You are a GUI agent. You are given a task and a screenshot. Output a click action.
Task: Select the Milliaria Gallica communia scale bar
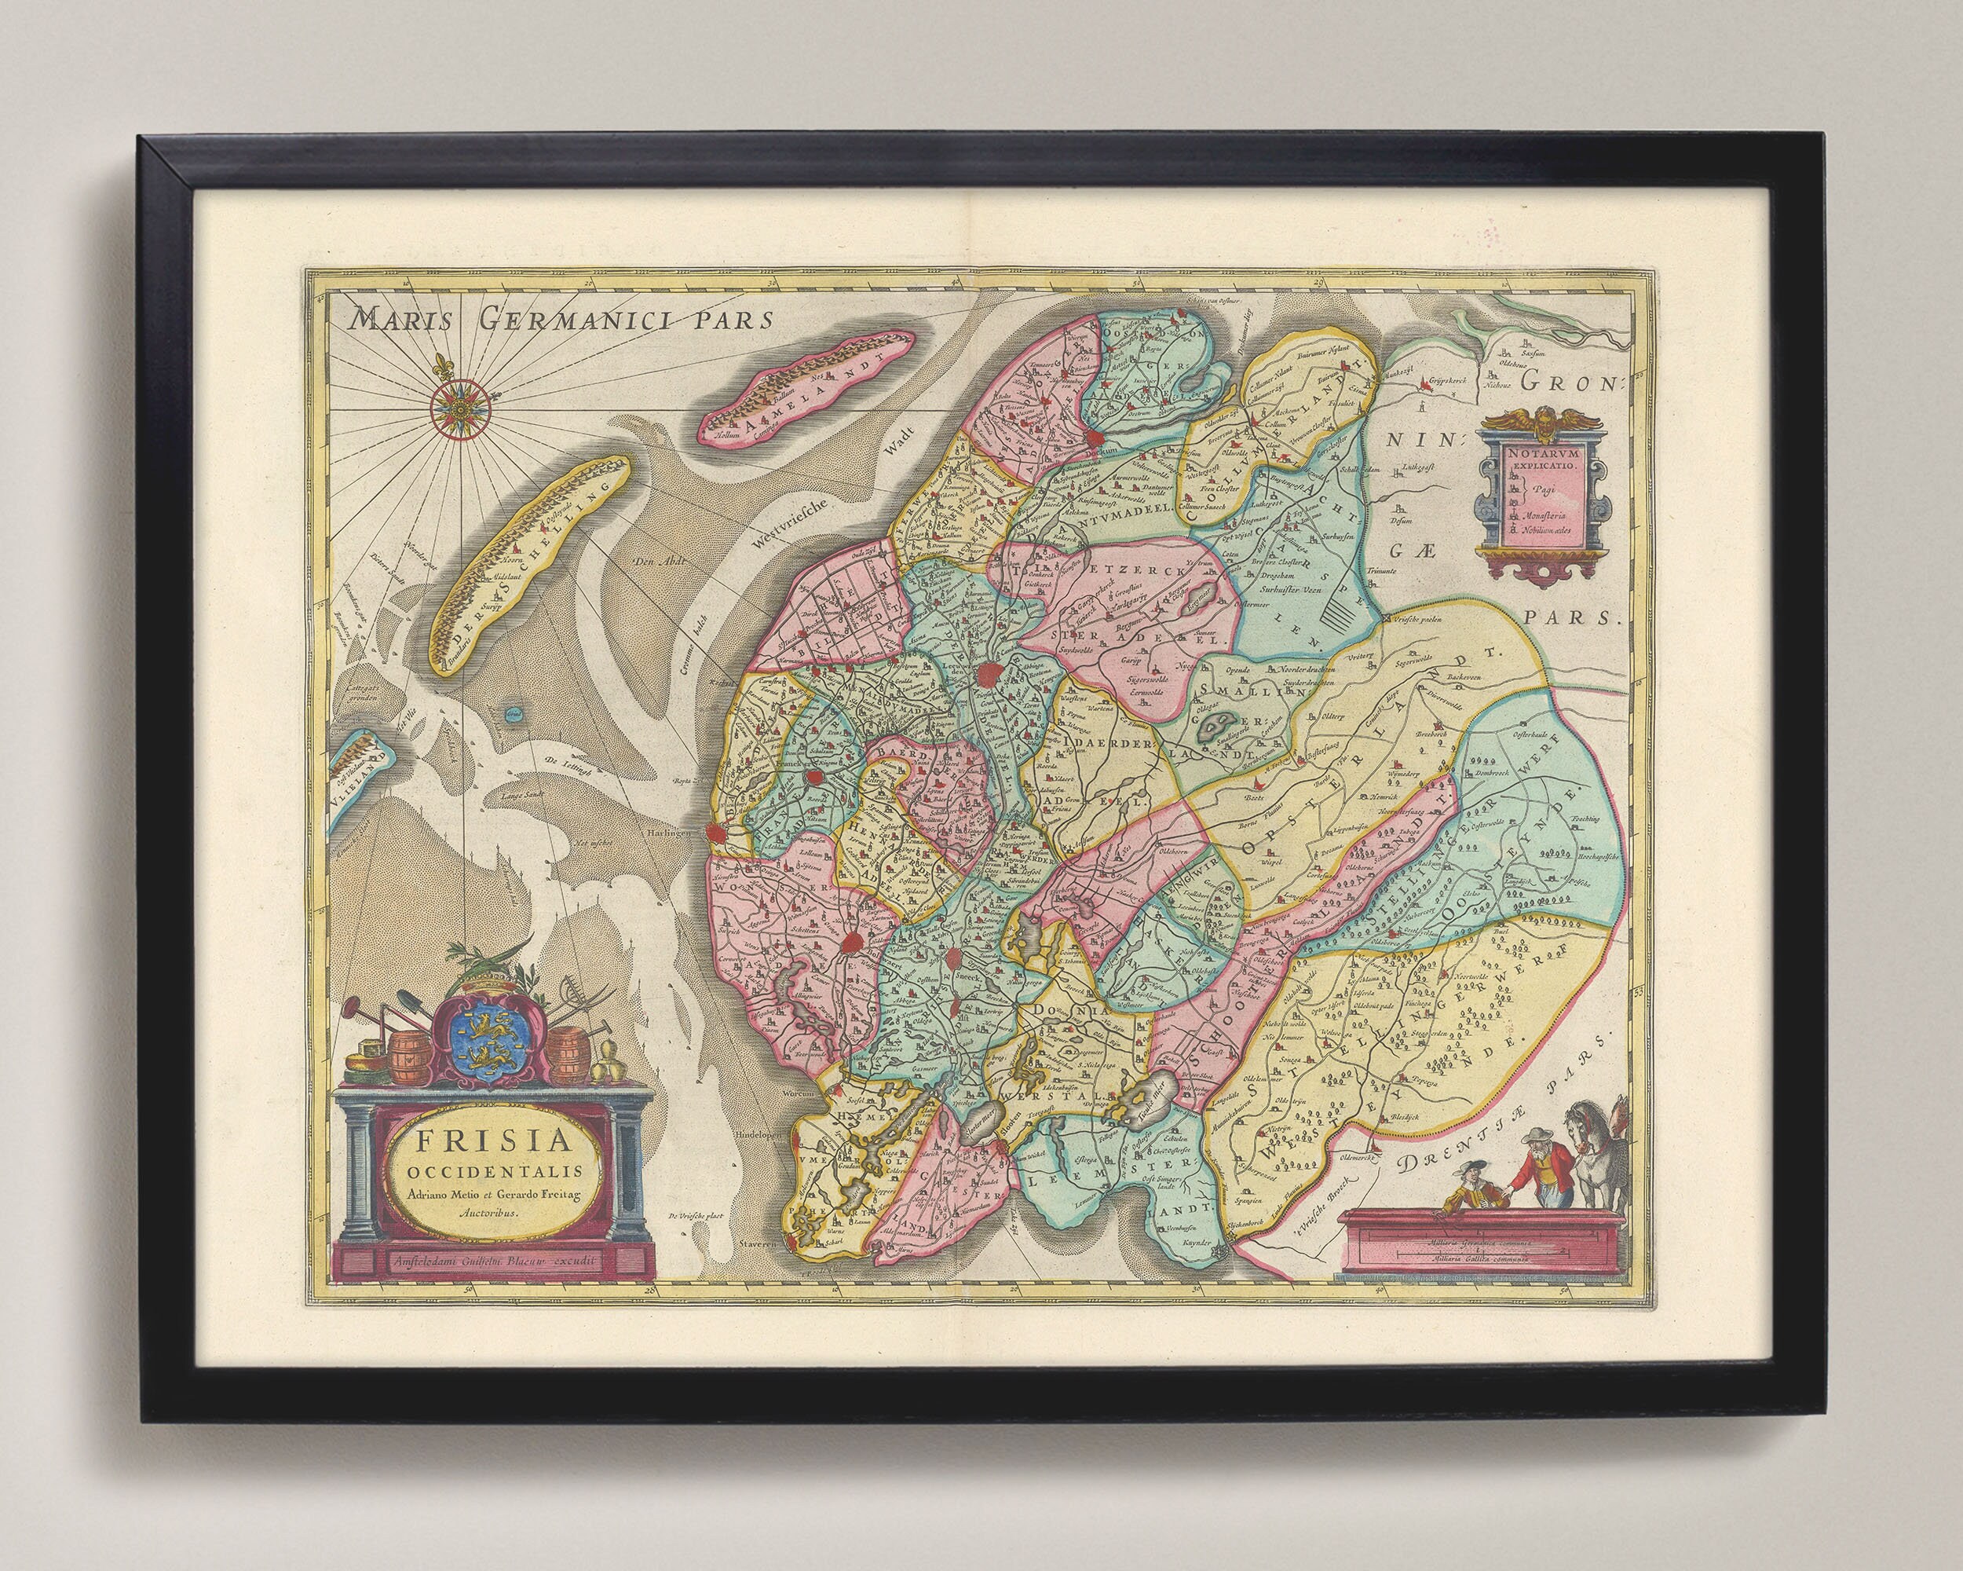(x=1480, y=1259)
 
